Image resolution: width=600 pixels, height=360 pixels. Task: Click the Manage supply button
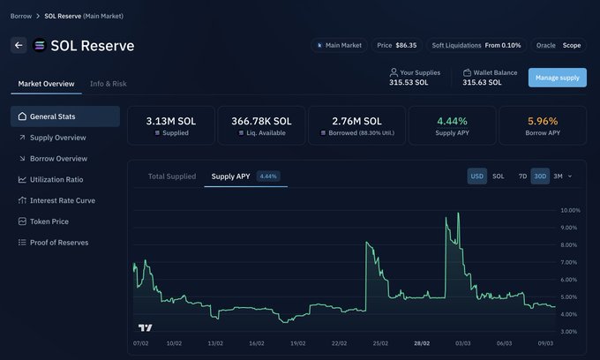557,78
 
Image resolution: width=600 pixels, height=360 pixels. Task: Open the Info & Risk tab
108,84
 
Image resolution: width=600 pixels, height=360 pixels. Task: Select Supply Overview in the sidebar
57,138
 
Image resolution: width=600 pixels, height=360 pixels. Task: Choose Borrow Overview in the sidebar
58,159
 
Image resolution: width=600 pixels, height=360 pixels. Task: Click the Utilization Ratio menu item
56,179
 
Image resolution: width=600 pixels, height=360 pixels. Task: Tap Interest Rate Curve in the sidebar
62,200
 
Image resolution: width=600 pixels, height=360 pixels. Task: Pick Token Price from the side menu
49,221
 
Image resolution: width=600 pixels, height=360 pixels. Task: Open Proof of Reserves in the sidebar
59,243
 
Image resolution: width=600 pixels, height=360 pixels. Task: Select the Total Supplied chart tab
171,176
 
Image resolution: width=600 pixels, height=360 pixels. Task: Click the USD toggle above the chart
476,176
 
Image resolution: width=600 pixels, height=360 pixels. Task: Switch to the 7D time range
522,176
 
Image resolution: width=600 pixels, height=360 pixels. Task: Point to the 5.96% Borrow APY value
543,121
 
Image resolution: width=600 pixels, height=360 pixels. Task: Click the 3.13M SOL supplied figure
170,121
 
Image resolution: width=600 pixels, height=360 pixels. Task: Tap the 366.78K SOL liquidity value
261,121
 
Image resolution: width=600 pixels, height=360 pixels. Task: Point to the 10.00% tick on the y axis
570,211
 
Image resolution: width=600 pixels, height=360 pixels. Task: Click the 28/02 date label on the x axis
423,343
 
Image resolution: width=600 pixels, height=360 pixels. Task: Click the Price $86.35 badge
396,45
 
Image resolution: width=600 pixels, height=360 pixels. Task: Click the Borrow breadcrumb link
21,16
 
